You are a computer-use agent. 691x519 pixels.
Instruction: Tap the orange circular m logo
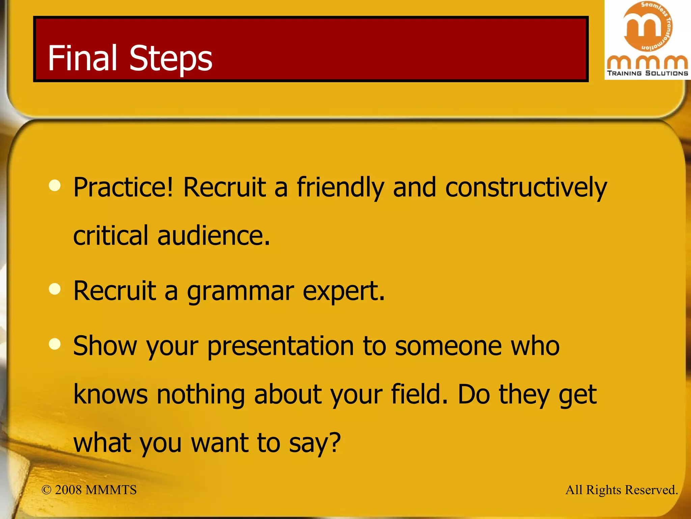click(x=647, y=26)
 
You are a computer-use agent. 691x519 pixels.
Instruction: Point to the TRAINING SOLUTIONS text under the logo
click(x=647, y=73)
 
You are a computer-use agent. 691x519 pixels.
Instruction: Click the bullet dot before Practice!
click(x=55, y=186)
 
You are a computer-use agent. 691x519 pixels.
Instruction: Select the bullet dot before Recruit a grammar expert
click(x=55, y=289)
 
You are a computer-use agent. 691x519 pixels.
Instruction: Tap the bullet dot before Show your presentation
click(x=55, y=344)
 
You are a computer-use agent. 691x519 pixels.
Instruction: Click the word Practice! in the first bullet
click(x=123, y=188)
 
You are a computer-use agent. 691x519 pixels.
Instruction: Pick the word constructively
click(x=526, y=188)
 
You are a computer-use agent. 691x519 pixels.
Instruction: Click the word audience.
click(x=213, y=236)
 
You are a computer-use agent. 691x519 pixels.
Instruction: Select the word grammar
click(x=240, y=292)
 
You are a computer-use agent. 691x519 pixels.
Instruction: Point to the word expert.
click(x=343, y=292)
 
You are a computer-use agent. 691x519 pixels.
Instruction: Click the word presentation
click(x=280, y=347)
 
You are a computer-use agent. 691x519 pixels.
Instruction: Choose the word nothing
click(x=201, y=395)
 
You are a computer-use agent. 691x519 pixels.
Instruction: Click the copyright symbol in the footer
click(x=46, y=490)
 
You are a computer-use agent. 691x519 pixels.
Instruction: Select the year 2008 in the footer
click(x=68, y=490)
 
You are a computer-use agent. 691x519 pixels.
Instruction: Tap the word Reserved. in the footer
click(x=651, y=490)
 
